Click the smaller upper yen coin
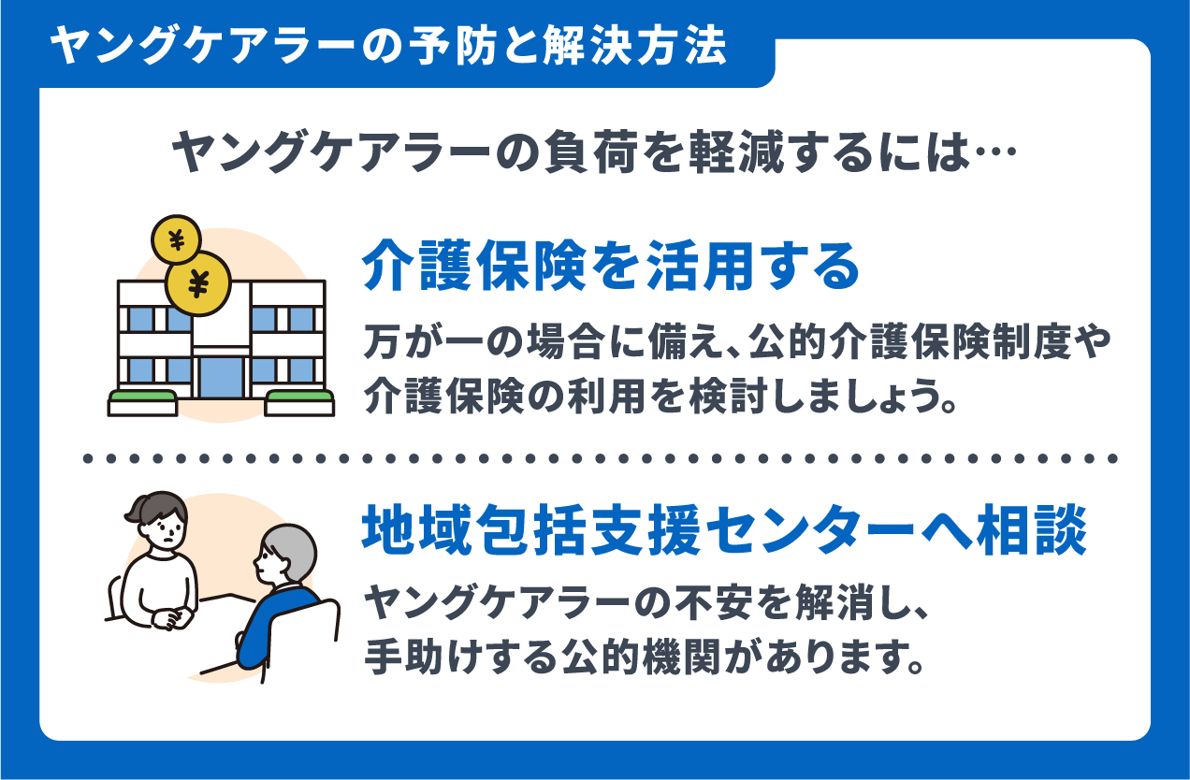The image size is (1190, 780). [177, 239]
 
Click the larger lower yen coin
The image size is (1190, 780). [198, 283]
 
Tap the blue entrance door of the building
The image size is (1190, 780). [221, 378]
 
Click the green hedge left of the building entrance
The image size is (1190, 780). [142, 397]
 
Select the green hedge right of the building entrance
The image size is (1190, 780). [300, 397]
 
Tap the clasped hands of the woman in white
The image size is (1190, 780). [171, 618]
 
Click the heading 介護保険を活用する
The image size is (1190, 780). [611, 266]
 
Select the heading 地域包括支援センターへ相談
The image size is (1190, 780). [724, 530]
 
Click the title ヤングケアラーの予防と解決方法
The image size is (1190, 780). [388, 46]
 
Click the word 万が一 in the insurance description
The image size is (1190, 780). [421, 341]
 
